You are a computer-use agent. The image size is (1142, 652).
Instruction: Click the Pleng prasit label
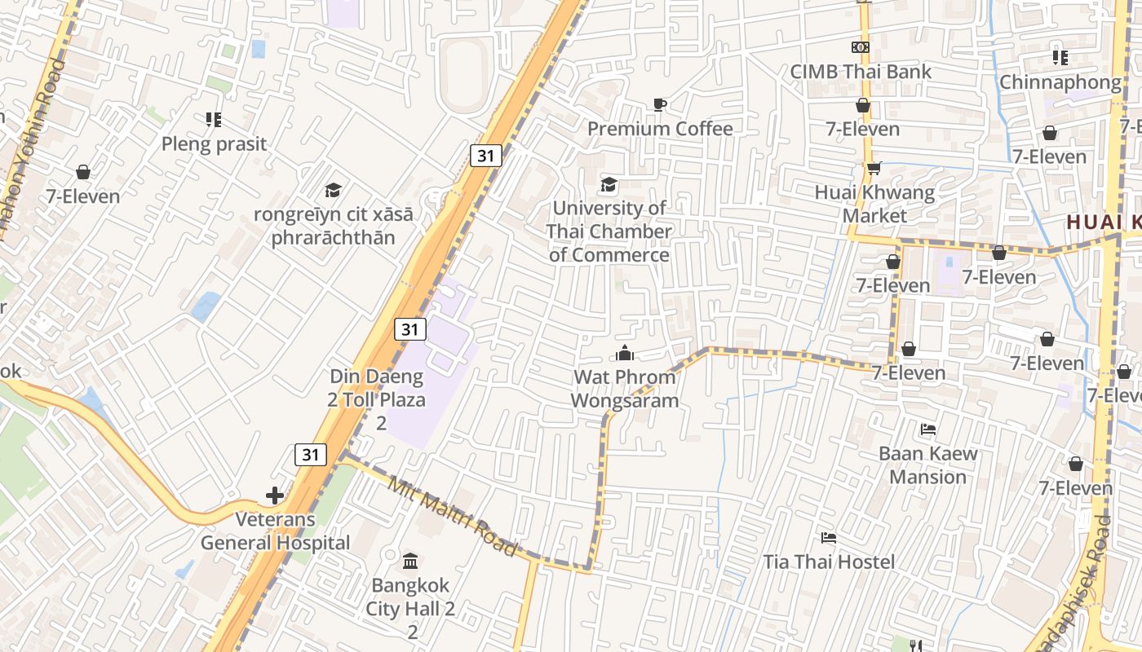click(x=214, y=144)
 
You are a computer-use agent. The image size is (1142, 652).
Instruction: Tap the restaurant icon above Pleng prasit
click(x=214, y=121)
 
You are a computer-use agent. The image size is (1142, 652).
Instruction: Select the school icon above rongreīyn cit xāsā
click(x=333, y=191)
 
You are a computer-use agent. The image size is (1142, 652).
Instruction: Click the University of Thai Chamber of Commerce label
click(x=609, y=231)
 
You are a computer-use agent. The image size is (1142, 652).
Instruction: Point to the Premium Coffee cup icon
click(x=660, y=104)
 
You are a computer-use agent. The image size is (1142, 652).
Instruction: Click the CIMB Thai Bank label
click(x=861, y=72)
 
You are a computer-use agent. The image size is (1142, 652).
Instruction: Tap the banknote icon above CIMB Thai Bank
click(x=861, y=48)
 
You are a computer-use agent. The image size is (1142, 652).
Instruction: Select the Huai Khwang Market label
click(x=874, y=205)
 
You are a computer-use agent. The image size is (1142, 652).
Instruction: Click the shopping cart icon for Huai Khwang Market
click(x=874, y=169)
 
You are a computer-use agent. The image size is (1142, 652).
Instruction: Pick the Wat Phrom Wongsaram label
click(x=624, y=389)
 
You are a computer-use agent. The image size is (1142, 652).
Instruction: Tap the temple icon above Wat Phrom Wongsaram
click(x=625, y=353)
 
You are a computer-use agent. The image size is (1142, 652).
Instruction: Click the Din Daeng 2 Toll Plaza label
click(x=377, y=399)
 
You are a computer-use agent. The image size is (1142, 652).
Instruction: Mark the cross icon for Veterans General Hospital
click(x=275, y=495)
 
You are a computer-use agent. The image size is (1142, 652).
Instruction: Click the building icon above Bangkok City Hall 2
click(x=410, y=561)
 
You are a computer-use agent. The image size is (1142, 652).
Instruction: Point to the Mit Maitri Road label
click(x=452, y=518)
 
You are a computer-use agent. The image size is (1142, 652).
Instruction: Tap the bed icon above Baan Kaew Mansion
click(x=927, y=430)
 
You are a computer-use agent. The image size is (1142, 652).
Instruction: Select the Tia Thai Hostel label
click(x=829, y=562)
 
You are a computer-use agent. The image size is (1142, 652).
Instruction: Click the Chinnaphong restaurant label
click(x=1060, y=82)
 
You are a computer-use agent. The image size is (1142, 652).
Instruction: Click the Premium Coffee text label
click(x=660, y=129)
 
